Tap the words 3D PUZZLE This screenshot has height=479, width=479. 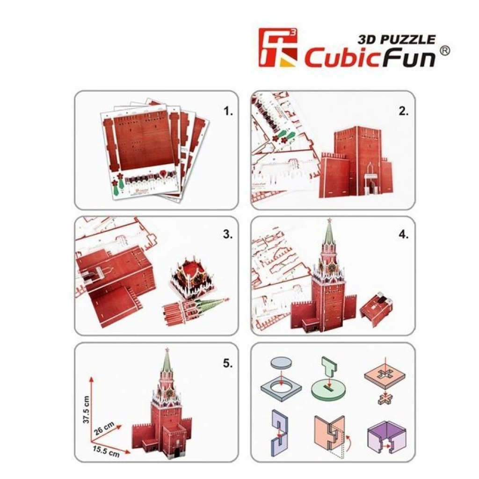tap(397, 39)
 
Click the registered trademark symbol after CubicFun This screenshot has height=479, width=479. tap(445, 51)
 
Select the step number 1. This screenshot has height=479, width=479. tap(228, 111)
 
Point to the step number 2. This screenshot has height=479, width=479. tap(403, 111)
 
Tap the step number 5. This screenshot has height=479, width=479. tap(228, 363)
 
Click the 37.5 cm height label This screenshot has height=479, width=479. tap(86, 410)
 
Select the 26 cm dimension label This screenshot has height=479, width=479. tap(104, 428)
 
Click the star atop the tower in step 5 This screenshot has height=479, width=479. tap(167, 349)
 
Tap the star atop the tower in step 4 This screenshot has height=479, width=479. tap(329, 220)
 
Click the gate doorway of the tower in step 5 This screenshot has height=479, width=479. tap(177, 454)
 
